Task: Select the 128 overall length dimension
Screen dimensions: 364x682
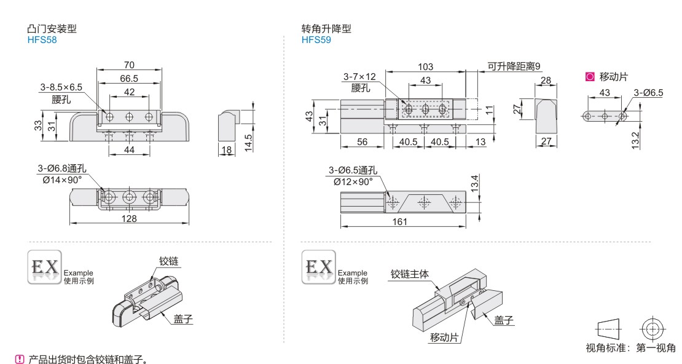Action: pos(130,219)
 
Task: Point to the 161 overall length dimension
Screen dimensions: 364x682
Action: pos(400,222)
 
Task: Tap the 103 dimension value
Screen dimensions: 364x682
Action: pos(425,67)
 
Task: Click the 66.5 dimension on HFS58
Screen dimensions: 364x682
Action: pos(129,78)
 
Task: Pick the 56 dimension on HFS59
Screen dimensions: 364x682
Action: pos(362,142)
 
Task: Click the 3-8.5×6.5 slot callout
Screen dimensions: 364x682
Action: pos(61,88)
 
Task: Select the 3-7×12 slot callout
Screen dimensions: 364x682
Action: pos(359,77)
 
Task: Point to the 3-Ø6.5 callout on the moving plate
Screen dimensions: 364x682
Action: pos(648,93)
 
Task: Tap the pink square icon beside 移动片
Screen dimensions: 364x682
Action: pos(590,77)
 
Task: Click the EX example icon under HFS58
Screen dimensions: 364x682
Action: pos(44,267)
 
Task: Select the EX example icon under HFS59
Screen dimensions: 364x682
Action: pos(319,267)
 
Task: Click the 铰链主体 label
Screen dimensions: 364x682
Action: pos(410,274)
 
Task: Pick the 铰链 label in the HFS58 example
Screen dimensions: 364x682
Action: pos(168,261)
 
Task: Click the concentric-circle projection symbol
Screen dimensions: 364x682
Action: pos(652,328)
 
